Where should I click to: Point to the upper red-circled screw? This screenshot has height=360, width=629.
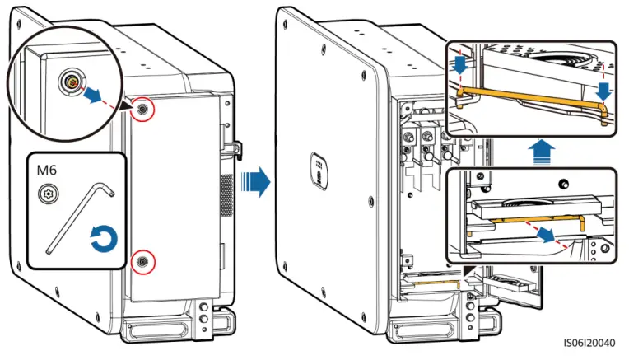(x=143, y=110)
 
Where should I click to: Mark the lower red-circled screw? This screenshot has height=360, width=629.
(x=143, y=260)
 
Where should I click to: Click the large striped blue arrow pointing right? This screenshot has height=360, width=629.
(x=257, y=180)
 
